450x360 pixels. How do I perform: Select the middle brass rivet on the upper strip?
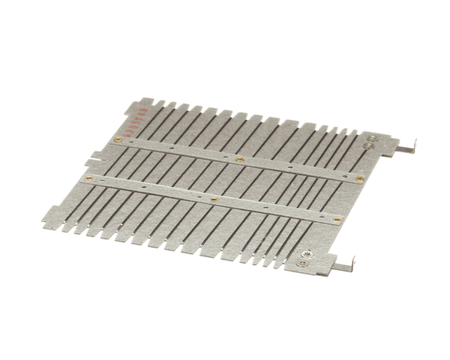(239, 159)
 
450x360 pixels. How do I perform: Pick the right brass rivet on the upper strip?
(360, 178)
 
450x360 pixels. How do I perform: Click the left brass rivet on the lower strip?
(89, 178)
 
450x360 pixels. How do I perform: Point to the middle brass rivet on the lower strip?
(214, 199)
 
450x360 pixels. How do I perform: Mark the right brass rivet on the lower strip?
(337, 219)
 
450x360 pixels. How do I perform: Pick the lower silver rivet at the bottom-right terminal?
(301, 264)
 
